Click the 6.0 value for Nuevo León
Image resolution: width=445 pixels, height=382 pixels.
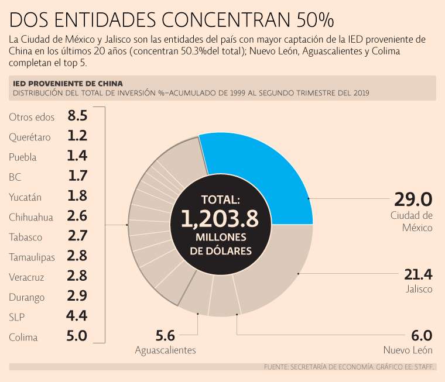[421, 336]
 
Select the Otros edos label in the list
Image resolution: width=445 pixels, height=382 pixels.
[32, 117]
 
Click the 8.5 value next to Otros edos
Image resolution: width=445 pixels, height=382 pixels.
[77, 116]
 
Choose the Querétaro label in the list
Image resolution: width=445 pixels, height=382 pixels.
[30, 137]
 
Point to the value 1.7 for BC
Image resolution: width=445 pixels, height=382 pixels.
[77, 175]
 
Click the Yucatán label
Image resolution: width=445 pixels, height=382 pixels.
[25, 197]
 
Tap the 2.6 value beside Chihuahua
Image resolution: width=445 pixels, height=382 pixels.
[77, 216]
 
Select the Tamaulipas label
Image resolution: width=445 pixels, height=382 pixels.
[32, 257]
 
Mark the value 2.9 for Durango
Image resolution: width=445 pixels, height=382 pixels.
[77, 296]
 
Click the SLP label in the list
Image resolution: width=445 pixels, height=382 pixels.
[16, 317]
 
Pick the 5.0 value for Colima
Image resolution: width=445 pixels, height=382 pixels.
[77, 336]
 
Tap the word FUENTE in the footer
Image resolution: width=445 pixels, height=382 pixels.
[276, 367]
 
